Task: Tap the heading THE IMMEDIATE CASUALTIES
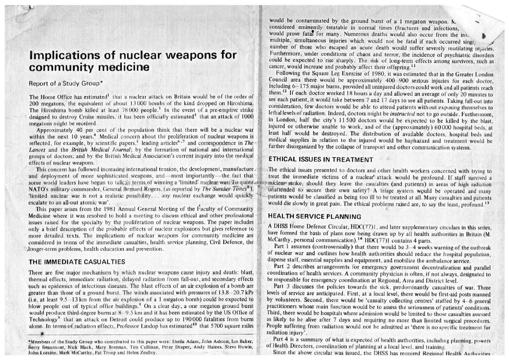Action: point(77,262)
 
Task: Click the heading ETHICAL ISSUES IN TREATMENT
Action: point(321,160)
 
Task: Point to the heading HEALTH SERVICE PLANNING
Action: point(315,216)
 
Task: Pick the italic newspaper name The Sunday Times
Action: point(217,189)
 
